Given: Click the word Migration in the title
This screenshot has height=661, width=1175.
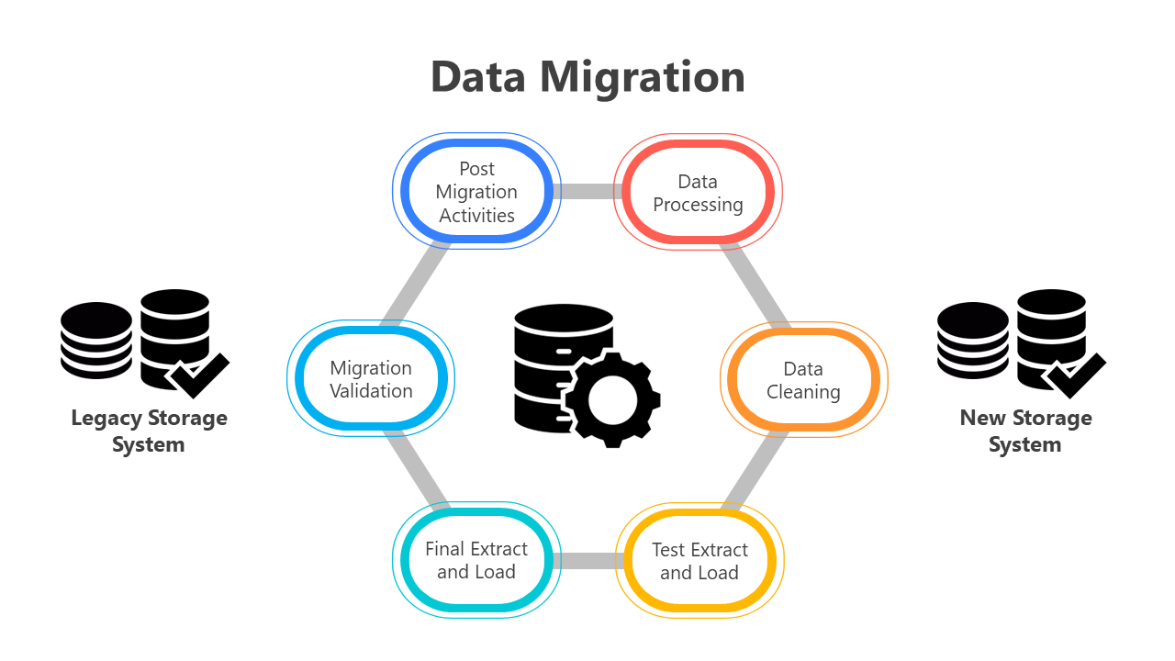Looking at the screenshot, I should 642,77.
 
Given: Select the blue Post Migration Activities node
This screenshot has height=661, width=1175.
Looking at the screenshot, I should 476,192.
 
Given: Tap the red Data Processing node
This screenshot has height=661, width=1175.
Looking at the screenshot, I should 698,193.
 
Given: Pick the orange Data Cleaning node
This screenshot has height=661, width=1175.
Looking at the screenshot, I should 803,380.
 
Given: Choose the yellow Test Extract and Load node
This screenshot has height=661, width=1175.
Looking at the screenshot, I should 699,561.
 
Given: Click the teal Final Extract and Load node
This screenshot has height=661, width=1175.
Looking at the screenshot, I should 476,560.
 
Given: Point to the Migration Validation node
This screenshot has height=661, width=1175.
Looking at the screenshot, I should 371,379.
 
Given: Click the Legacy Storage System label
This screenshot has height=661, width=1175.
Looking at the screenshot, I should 149,431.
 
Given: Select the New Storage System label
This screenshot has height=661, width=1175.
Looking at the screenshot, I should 1025,431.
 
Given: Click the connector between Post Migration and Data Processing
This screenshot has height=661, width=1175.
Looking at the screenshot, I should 587,192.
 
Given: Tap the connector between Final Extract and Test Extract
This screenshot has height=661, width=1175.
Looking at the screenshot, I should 587,560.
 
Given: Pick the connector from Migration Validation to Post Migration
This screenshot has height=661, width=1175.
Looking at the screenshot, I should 415,286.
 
